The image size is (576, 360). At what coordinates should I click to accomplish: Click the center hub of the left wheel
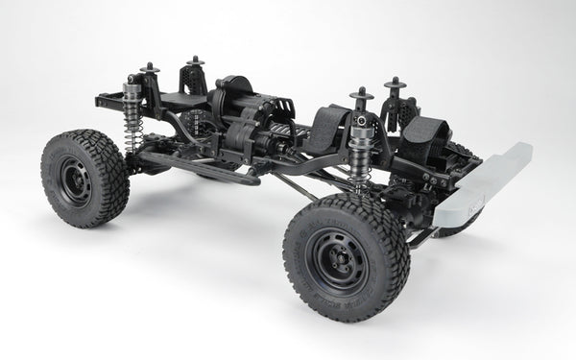(x=74, y=179)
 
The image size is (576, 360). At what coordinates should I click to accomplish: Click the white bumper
(x=486, y=187)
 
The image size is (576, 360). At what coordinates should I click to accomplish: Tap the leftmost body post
(x=149, y=71)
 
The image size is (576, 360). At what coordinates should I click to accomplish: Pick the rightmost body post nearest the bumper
(x=395, y=87)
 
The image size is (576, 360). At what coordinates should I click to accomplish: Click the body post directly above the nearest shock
(x=361, y=96)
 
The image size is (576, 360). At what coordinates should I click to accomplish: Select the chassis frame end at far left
(x=102, y=98)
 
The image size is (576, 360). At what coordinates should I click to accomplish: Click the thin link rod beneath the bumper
(x=422, y=235)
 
